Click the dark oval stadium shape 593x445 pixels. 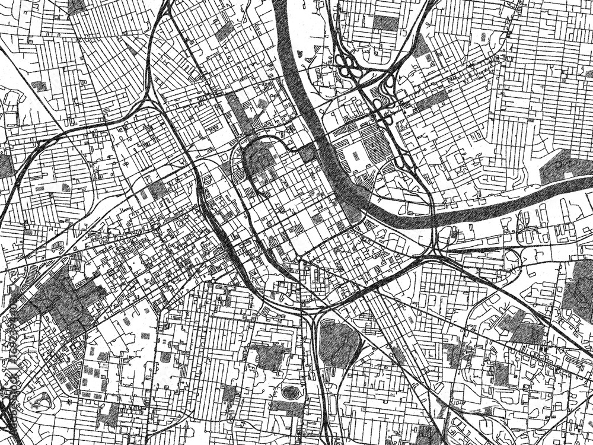(290, 392)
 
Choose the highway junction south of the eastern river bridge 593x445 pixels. (436, 255)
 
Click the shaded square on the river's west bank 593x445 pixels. (308, 152)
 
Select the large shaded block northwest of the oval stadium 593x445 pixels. (270, 355)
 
